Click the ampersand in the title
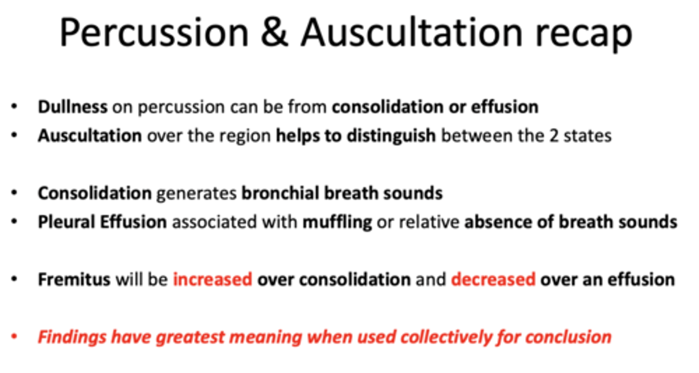274,33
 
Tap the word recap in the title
583,35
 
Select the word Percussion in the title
154,33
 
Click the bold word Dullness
73,107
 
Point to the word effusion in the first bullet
505,107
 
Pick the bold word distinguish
391,136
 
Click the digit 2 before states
554,136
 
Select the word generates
197,193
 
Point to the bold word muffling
337,222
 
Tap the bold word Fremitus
74,279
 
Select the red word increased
213,279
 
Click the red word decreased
493,279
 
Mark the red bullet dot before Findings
14,337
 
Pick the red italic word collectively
446,337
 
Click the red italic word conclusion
568,337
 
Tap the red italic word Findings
72,337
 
